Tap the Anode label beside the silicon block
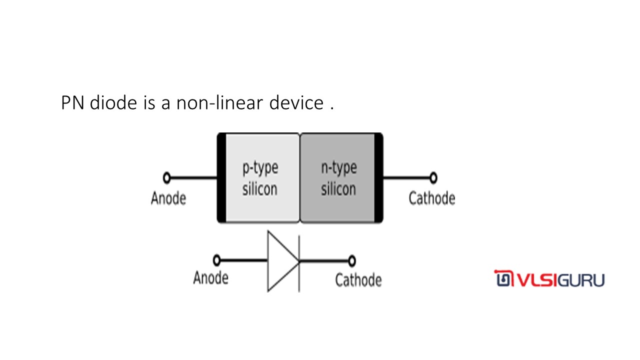pos(168,198)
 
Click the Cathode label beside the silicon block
pos(431,198)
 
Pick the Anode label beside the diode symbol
pos(210,277)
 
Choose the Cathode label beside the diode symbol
pos(358,280)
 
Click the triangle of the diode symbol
pos(280,261)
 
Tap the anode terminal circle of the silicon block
pos(167,177)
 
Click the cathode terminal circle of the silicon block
pos(433,177)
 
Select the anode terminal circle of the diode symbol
pos(216,260)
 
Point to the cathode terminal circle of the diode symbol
pos(352,260)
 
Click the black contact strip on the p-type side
pos(221,177)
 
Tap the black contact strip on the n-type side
pos(378,177)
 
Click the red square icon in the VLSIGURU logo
pos(501,278)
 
